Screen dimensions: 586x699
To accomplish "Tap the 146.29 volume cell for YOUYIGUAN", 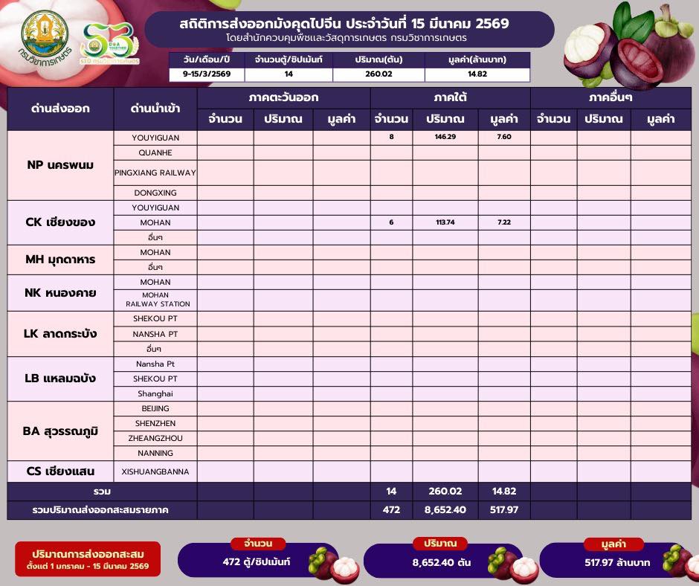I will coord(445,138).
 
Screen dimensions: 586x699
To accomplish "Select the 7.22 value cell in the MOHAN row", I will coord(503,222).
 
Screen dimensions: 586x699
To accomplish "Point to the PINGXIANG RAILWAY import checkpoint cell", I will coord(155,173).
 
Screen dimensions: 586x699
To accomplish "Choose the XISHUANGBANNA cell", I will coord(155,471).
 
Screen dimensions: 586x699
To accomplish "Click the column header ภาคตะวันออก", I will coord(283,98).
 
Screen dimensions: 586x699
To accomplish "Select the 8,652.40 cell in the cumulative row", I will coord(445,510).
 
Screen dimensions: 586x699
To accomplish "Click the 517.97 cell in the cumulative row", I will coord(503,510).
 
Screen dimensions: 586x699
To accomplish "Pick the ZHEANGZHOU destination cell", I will coord(155,438).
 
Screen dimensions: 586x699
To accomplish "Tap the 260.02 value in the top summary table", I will coord(379,74).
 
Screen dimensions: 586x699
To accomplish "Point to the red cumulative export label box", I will coord(90,559).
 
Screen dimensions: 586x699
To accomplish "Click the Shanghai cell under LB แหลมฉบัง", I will coord(155,393).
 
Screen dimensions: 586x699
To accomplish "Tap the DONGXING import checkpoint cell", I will coord(155,193).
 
